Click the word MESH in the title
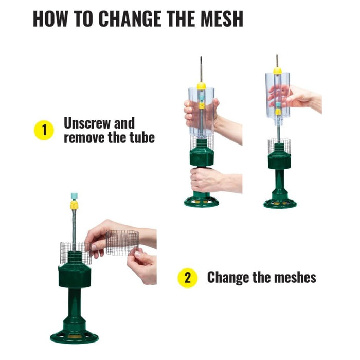point(222,19)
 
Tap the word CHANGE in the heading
point(130,19)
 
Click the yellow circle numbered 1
point(44,130)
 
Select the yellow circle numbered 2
point(188,278)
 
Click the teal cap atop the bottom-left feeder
point(74,197)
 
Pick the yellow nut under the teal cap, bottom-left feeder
point(74,205)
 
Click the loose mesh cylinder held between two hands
point(122,243)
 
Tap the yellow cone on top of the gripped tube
point(202,86)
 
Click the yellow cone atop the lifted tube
point(277,71)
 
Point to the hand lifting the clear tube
point(296,97)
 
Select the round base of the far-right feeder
point(280,204)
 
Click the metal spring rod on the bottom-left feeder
point(74,230)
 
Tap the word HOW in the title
point(50,19)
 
